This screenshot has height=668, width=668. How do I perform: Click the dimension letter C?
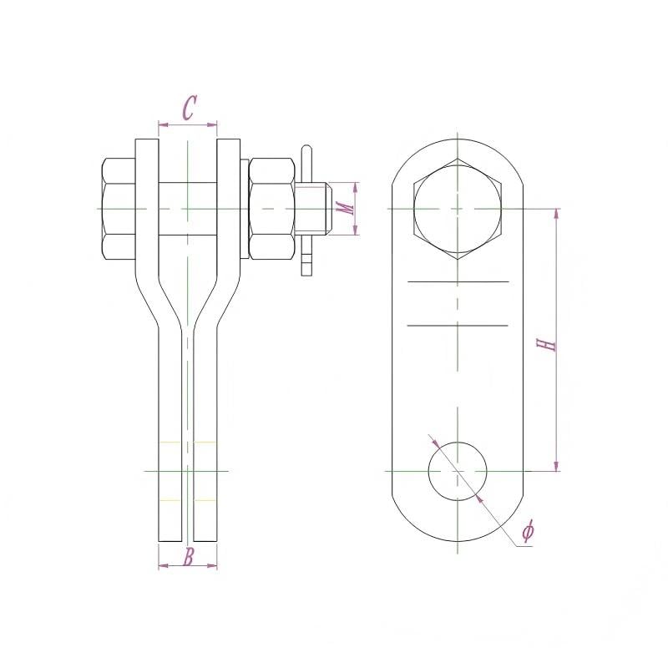190,108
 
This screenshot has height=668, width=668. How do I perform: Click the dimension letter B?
189,557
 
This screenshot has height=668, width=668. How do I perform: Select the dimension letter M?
347,208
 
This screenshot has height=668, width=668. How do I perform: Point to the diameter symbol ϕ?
528,530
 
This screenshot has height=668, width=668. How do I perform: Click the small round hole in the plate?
457,471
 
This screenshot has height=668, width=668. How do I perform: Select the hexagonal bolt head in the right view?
458,209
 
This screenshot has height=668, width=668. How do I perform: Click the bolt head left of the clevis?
119,209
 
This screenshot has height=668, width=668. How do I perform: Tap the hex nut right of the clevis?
272,209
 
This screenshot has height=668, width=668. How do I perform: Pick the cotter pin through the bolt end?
306,210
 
